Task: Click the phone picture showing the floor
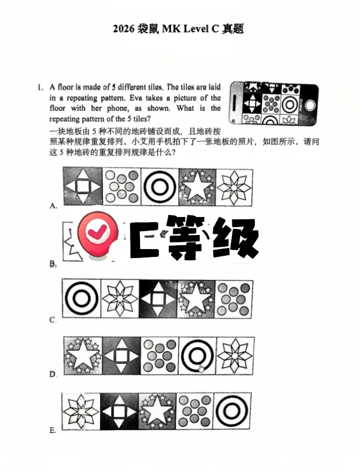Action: (273, 103)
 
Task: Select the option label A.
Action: (53, 206)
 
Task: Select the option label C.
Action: (53, 320)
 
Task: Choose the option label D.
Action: (53, 374)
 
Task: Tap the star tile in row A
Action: (196, 187)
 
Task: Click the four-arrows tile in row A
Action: (82, 187)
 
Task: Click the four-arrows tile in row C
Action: (158, 299)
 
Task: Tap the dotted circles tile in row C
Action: (233, 299)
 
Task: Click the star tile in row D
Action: (82, 356)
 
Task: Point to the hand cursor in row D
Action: (201, 368)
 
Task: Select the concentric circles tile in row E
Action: (233, 412)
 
